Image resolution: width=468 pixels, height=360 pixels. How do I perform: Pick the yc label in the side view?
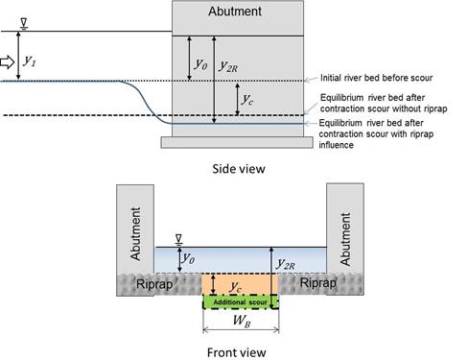(247, 100)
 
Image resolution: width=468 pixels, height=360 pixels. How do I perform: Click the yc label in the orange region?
(236, 286)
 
